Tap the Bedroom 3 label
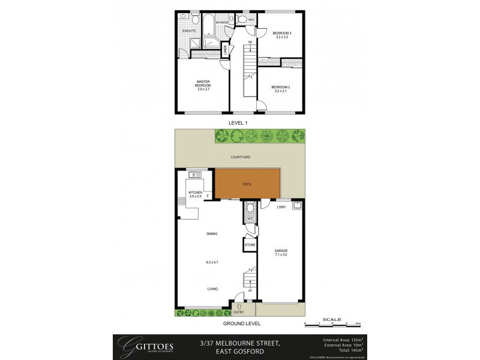pos(281,33)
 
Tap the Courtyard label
pos(240,157)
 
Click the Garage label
pos(281,251)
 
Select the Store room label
pos(250,245)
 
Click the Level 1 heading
pos(238,122)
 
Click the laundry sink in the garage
pos(296,206)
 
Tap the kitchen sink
pos(194,175)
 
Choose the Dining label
pos(211,234)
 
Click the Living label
pos(212,289)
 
